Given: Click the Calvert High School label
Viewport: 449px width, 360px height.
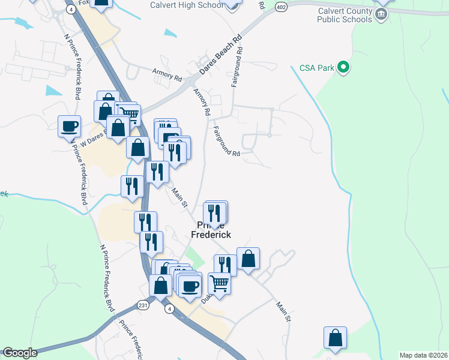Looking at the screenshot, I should [187, 5].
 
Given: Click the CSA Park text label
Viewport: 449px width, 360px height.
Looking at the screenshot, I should [316, 68].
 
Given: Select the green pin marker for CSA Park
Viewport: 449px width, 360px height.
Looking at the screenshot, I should [343, 67].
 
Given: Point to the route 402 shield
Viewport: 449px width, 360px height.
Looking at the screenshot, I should [281, 6].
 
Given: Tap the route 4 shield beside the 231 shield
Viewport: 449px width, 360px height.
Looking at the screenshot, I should [170, 308].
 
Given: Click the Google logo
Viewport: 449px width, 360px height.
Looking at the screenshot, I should [20, 353].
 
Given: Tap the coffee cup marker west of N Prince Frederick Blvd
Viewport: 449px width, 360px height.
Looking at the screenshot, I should [69, 126].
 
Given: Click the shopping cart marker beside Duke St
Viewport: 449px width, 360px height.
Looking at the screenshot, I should [220, 283].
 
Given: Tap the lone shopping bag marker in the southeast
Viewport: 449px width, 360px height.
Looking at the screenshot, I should [336, 338].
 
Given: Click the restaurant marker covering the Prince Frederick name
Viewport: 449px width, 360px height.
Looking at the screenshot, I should [214, 212].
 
